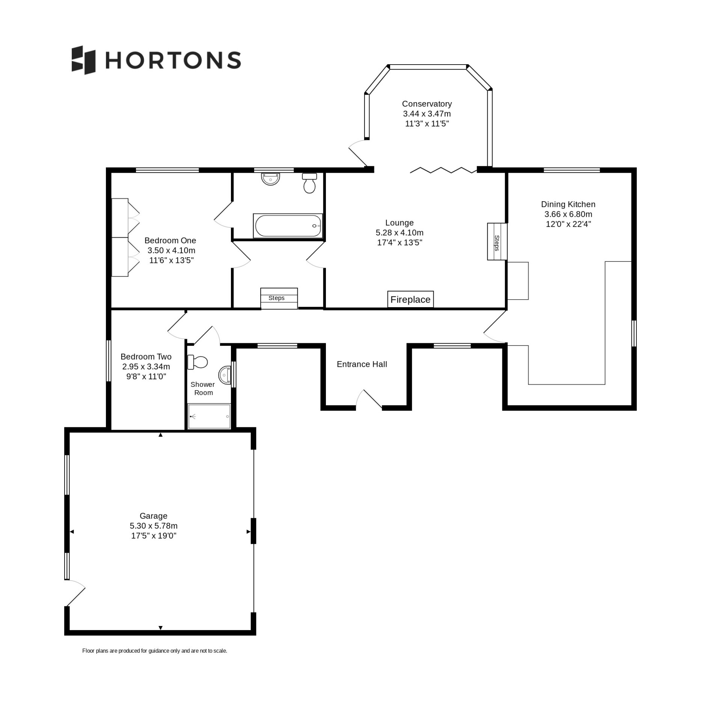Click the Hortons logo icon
pyautogui.click(x=83, y=60)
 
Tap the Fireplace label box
pyautogui.click(x=410, y=300)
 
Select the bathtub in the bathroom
pyautogui.click(x=288, y=226)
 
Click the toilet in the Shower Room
pyautogui.click(x=197, y=362)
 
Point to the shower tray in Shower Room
pyautogui.click(x=209, y=416)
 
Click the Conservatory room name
pyautogui.click(x=427, y=104)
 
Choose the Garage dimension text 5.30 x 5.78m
pyautogui.click(x=154, y=526)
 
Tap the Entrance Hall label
pyautogui.click(x=362, y=364)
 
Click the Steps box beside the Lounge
pyautogui.click(x=497, y=241)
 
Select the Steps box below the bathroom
pyautogui.click(x=279, y=299)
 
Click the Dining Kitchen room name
pyautogui.click(x=568, y=204)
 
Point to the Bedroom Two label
pyautogui.click(x=146, y=357)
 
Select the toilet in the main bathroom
pyautogui.click(x=309, y=183)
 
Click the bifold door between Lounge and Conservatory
pyautogui.click(x=443, y=170)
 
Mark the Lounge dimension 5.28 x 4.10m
pyautogui.click(x=399, y=232)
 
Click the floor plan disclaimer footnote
pyautogui.click(x=155, y=651)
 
